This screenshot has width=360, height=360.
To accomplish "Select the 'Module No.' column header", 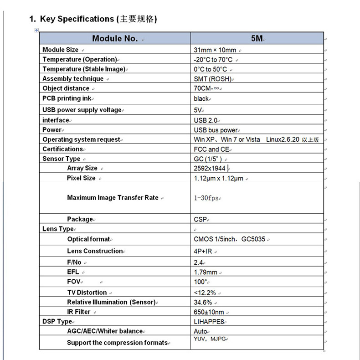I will pyautogui.click(x=115, y=39).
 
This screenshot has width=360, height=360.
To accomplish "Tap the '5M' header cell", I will pyautogui.click(x=257, y=39).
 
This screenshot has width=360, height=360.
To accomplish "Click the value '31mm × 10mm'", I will pyautogui.click(x=215, y=50).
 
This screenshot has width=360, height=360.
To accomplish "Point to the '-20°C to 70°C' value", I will pyautogui.click(x=213, y=60).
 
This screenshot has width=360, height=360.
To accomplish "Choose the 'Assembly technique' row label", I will pyautogui.click(x=73, y=79).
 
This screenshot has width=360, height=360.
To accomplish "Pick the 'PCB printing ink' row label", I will pyautogui.click(x=67, y=98).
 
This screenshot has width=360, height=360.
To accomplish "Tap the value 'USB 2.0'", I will pyautogui.click(x=206, y=120).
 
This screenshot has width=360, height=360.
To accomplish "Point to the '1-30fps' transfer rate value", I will pyautogui.click(x=206, y=198).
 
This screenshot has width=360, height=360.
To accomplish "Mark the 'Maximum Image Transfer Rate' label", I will pyautogui.click(x=113, y=198).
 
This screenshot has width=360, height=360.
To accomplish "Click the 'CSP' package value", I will pyautogui.click(x=201, y=219).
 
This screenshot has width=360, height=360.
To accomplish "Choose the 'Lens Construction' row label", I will pyautogui.click(x=95, y=251).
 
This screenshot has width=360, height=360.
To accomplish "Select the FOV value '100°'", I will pyautogui.click(x=201, y=282).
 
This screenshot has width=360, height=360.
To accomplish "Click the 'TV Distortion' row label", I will pyautogui.click(x=87, y=293).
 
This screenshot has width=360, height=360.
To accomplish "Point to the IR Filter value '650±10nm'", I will pyautogui.click(x=209, y=312).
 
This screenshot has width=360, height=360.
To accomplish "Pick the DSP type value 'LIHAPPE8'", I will pyautogui.click(x=209, y=322).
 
